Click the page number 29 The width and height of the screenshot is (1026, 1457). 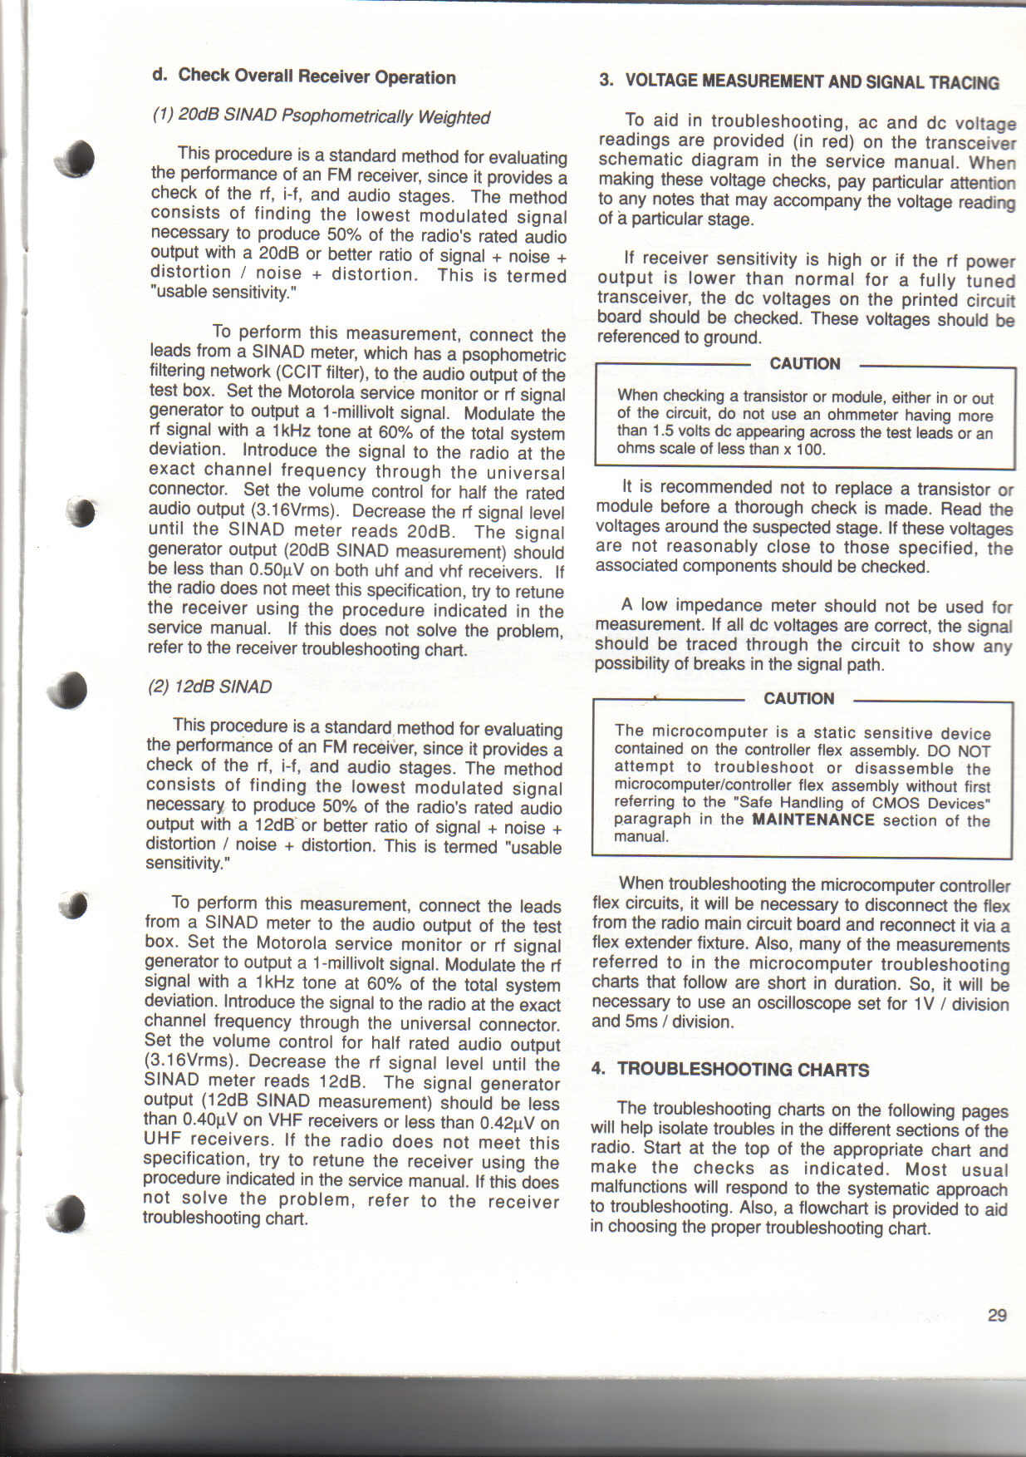coord(997,1315)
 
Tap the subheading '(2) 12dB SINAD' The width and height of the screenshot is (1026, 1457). coord(210,687)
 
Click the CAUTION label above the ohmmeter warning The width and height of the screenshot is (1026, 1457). coord(804,364)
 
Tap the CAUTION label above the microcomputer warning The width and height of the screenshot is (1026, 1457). coord(798,699)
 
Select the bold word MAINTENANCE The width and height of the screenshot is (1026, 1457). coord(812,820)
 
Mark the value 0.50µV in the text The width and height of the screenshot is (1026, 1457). coord(278,570)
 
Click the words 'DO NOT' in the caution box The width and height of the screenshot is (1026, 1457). coord(962,751)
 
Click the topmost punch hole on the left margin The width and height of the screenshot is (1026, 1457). coord(76,158)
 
